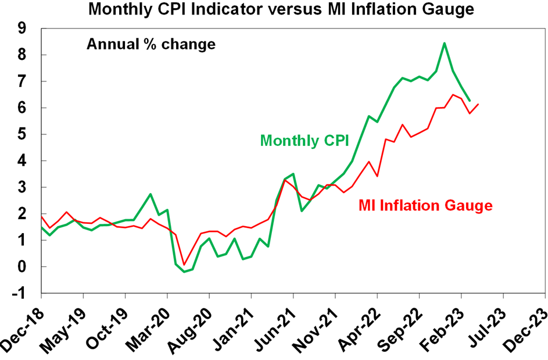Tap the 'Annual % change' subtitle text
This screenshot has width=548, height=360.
(x=151, y=44)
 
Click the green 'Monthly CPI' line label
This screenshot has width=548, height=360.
(x=305, y=141)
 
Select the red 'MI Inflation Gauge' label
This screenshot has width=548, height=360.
(x=425, y=205)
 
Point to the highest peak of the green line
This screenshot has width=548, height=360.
(x=444, y=43)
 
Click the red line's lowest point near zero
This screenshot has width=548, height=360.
(x=184, y=265)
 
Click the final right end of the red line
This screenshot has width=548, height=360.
(x=478, y=104)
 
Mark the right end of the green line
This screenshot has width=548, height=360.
(x=470, y=101)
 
